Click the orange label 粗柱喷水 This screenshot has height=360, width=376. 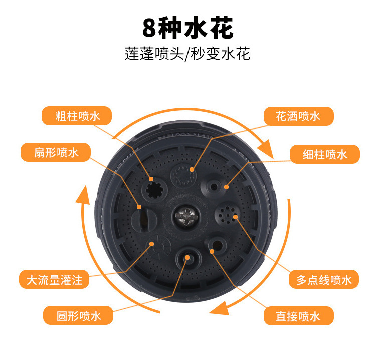point(77,116)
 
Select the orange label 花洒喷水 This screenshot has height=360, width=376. point(299,116)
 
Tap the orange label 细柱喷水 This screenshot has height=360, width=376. point(325,154)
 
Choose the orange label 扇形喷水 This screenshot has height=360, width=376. point(56,152)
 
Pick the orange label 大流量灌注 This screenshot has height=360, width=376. point(54,279)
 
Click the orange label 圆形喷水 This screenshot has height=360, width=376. point(78,316)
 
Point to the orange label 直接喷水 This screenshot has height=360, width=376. point(299,316)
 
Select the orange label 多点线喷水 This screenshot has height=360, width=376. point(324,279)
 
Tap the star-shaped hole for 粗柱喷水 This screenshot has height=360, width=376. point(154,190)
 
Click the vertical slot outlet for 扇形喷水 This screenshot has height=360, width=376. point(144,220)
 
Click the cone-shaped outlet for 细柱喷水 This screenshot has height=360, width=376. point(213,186)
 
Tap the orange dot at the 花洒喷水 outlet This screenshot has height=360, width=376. point(192,170)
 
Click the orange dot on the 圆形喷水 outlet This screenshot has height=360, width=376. point(187,257)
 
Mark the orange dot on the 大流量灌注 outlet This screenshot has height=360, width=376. point(151,244)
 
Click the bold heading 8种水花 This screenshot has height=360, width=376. point(188,28)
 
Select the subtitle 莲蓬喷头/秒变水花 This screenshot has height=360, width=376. point(187,53)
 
